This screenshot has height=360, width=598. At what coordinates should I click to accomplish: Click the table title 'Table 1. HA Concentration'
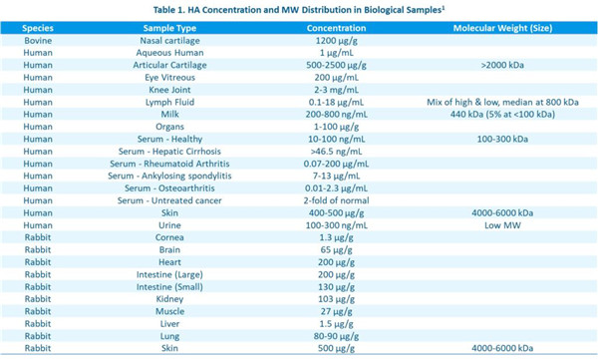click(x=299, y=9)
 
